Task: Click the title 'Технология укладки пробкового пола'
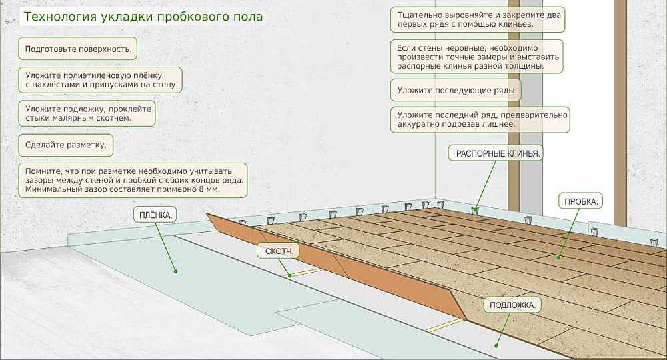143,15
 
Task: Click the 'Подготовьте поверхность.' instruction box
77,49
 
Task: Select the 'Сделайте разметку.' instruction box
65,145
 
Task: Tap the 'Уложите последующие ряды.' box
457,90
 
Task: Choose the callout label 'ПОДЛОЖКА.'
512,305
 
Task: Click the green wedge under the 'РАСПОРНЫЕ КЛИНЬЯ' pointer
475,210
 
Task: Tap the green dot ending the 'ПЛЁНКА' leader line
175,271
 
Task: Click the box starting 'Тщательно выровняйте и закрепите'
477,19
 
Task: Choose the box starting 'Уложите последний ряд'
480,119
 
